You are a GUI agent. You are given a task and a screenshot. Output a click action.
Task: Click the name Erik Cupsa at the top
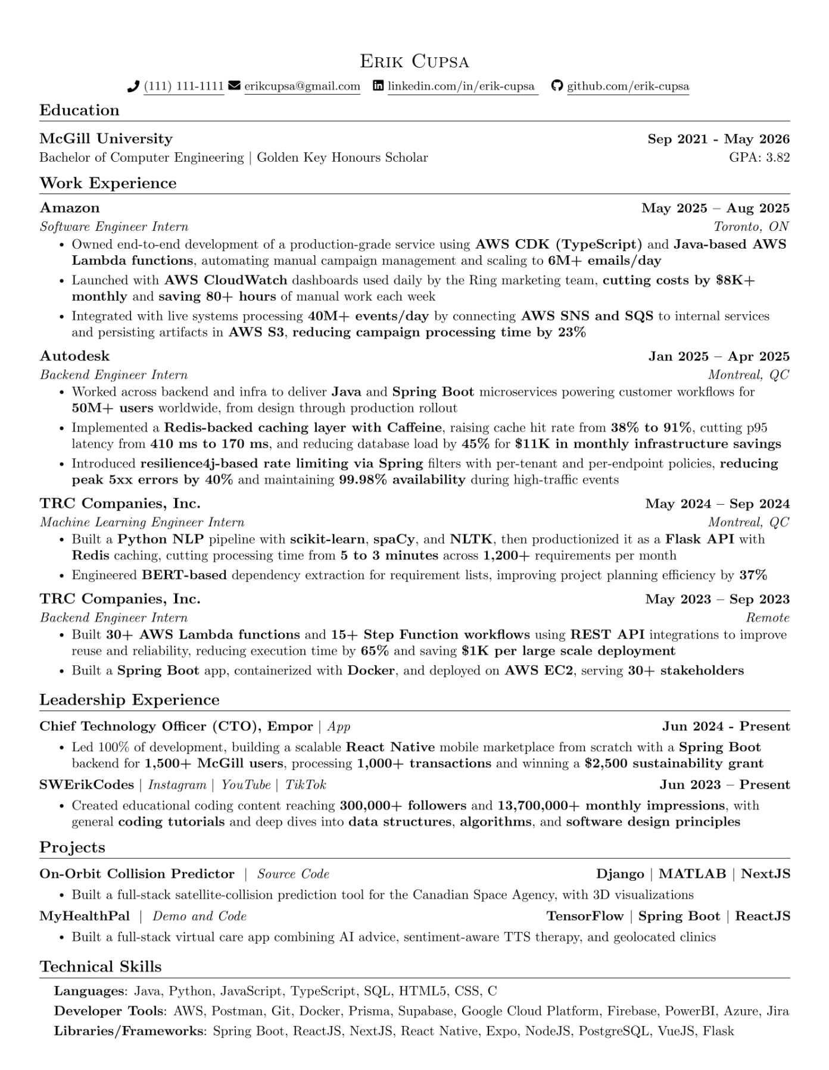414,61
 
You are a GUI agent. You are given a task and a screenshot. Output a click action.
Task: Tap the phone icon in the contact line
133,86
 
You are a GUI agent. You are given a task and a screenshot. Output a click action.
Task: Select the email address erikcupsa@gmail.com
302,86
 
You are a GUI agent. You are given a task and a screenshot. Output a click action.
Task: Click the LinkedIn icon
378,86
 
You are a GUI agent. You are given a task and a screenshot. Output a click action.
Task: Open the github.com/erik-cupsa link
628,86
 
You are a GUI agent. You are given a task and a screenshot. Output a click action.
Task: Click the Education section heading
79,110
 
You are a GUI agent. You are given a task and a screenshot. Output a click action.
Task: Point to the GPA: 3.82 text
759,158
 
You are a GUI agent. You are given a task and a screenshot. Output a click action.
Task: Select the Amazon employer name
70,208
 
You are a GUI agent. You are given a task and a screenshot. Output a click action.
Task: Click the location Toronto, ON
751,227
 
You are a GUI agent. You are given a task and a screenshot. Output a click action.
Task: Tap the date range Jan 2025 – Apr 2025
719,356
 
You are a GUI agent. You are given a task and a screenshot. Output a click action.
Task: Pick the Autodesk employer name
75,356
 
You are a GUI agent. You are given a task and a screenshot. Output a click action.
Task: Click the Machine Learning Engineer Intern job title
142,523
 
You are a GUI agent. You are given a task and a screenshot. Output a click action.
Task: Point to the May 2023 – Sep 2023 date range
717,599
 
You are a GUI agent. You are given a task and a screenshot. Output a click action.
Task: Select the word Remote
768,618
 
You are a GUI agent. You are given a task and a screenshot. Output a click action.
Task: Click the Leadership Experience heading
129,700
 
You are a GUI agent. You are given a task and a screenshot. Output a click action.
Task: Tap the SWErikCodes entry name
86,785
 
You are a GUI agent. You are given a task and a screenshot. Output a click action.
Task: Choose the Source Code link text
293,874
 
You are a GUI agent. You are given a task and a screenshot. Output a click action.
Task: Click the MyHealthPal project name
84,916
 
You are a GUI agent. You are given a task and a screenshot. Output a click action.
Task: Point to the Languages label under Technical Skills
90,991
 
